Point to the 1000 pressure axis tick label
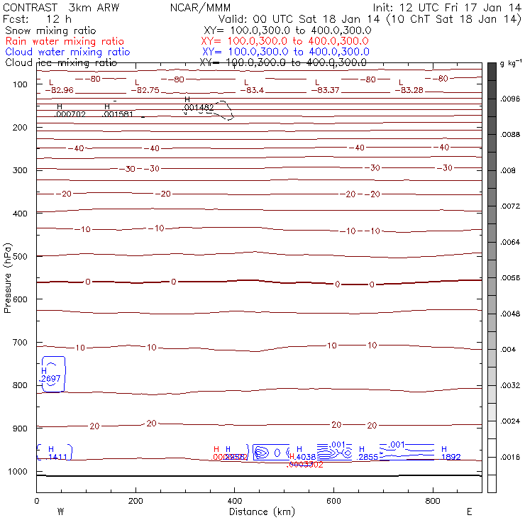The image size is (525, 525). pos(20,472)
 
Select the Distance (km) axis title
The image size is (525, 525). pos(259,512)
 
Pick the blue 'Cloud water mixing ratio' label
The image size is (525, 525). pos(67,52)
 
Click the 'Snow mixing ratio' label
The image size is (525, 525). pos(50,31)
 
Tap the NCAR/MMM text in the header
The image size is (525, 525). pos(201,8)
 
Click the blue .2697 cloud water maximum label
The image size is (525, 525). pos(51,379)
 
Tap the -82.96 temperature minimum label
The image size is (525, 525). pos(59,90)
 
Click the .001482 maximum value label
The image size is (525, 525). pos(199,107)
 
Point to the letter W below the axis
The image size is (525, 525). pos(61,512)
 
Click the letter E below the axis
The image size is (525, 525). pos(469,512)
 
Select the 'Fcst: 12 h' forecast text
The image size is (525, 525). pos(37,19)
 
